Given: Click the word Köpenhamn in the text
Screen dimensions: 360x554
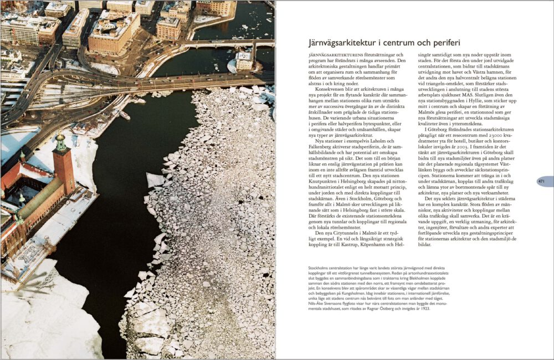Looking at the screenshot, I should pos(378,244).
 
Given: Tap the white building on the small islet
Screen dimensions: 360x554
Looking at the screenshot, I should pos(243,60).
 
